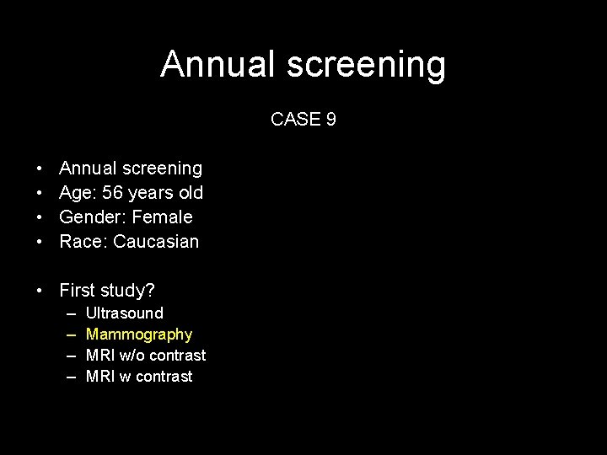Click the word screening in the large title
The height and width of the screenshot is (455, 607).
pos(368,66)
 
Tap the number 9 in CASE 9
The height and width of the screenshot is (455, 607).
pos(330,120)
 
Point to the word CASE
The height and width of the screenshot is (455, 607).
pos(295,120)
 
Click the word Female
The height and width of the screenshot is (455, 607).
pos(162,217)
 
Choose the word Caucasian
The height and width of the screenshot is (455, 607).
pos(156,242)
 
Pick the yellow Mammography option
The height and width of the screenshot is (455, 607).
pos(139,335)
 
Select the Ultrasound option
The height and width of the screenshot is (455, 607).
pos(125,313)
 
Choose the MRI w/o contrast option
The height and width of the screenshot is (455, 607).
pos(146,356)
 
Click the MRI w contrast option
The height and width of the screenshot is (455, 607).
pos(139,377)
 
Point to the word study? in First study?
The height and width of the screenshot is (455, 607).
pos(126,292)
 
